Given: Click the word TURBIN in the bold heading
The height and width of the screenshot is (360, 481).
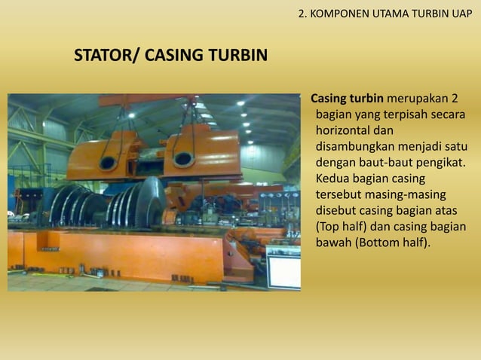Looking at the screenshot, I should [234, 56].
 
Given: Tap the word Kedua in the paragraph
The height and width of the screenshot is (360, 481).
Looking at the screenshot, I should [332, 178].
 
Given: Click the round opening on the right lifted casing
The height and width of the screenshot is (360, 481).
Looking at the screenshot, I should [183, 159].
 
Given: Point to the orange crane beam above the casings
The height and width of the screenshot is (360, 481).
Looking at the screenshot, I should [151, 99].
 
